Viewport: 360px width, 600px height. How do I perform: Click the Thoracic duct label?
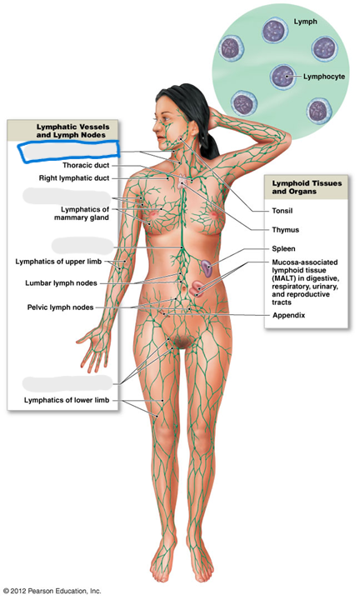86,165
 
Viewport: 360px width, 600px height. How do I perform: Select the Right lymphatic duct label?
74,178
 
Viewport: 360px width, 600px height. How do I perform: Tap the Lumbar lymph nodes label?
61,283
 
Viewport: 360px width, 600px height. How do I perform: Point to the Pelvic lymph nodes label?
60,307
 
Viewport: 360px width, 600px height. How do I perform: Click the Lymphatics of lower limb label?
67,400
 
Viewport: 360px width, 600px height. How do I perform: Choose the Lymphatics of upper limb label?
58,262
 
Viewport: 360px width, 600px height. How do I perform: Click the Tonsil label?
282,211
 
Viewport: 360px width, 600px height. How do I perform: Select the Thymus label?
285,230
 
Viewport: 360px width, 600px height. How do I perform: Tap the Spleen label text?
283,248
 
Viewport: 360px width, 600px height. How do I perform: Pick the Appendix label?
289,316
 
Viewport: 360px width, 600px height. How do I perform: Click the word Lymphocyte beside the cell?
324,77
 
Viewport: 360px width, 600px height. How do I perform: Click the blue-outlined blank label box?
68,152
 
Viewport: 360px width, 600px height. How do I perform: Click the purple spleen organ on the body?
207,268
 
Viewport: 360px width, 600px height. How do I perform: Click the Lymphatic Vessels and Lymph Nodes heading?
72,131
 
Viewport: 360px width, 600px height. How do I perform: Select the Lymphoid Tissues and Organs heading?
307,187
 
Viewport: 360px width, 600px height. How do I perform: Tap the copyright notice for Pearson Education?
52,591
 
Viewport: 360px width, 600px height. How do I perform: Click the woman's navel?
184,287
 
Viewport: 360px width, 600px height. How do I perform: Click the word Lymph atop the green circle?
305,22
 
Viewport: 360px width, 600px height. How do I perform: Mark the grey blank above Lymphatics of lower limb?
67,383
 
